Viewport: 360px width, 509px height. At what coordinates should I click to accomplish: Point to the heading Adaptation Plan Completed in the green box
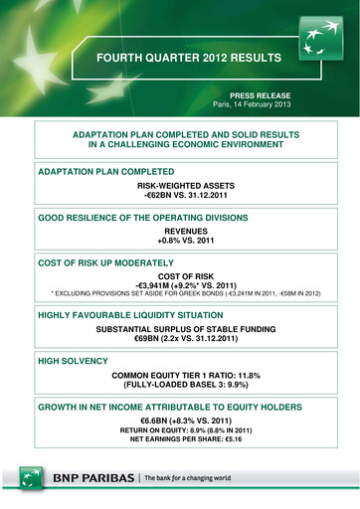coord(104,172)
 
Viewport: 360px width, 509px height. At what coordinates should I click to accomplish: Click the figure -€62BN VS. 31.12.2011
coord(179,196)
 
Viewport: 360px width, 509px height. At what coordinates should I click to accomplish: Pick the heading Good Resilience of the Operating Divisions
coord(142,217)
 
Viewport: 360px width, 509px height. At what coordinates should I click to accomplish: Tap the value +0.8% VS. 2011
coord(179,241)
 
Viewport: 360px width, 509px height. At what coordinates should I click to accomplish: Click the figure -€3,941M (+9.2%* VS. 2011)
coord(179,284)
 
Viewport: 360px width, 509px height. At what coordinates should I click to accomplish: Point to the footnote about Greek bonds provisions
coord(179,295)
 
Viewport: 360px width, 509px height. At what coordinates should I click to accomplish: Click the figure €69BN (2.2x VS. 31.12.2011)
coord(179,338)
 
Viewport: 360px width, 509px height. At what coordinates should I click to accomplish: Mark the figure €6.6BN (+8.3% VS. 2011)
coord(179,422)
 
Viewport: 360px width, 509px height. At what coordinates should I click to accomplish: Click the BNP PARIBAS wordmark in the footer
coord(86,477)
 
